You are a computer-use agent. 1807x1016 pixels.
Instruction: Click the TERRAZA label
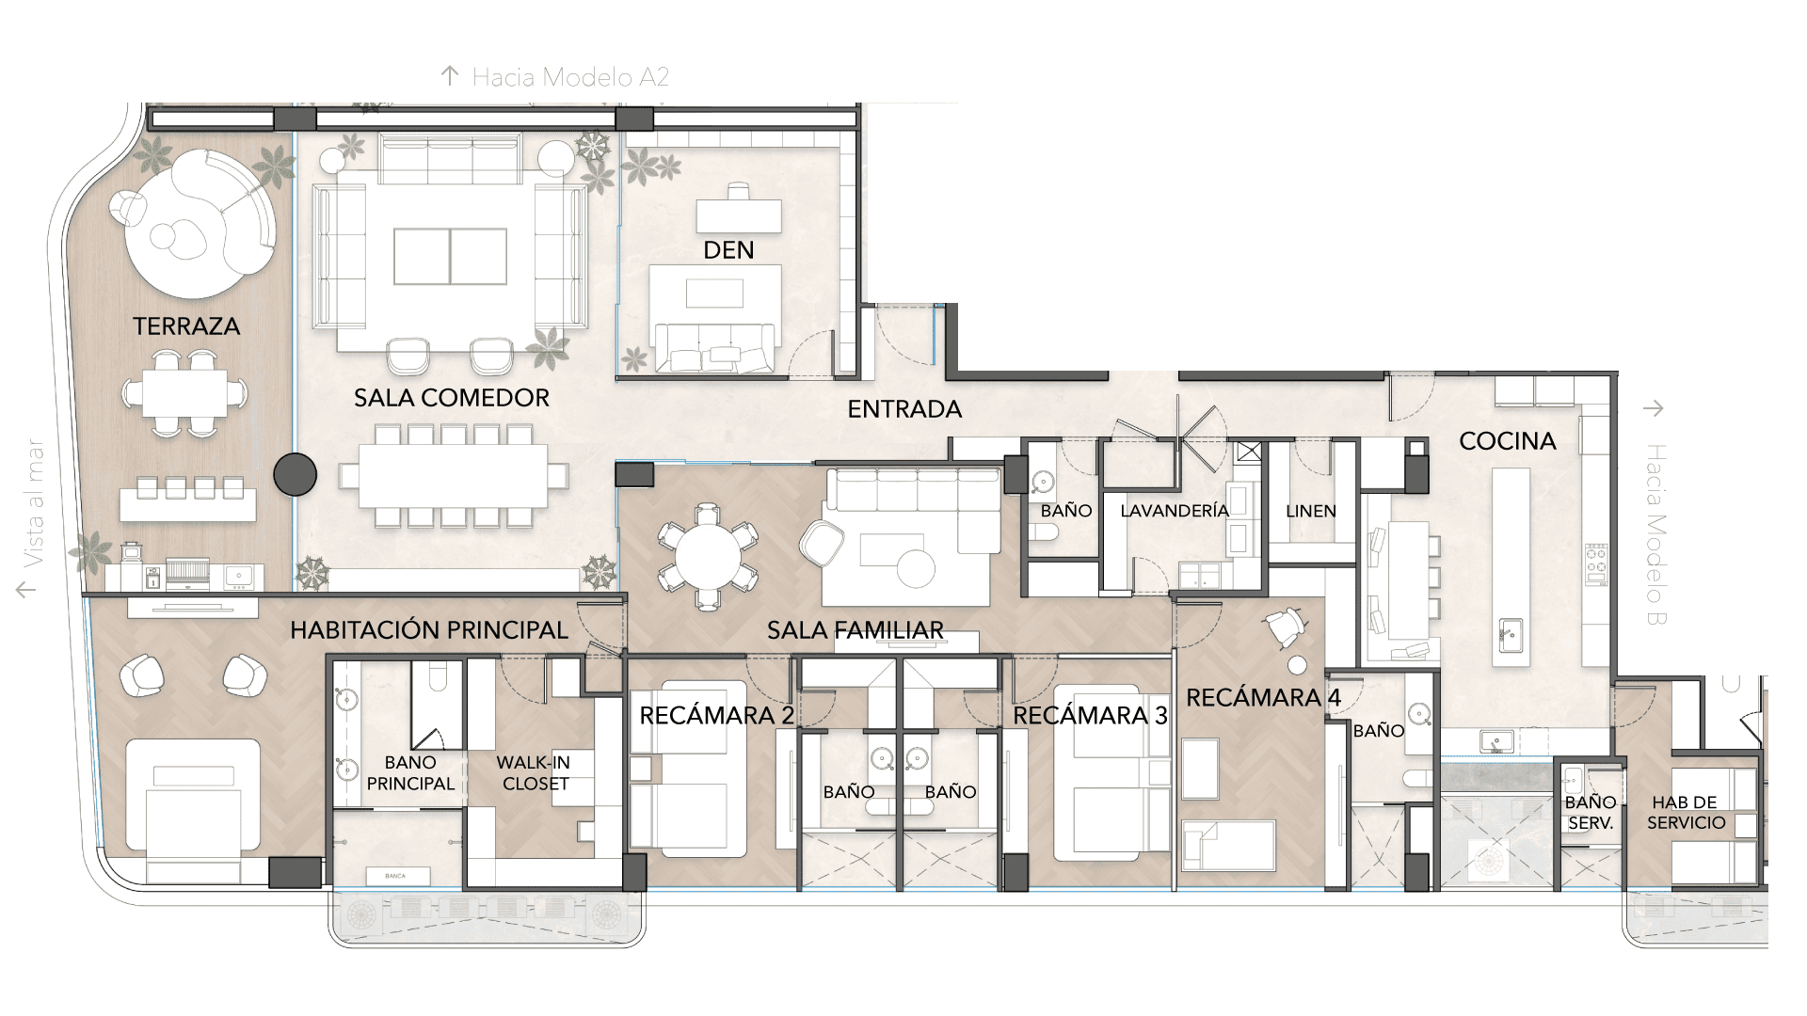[186, 326]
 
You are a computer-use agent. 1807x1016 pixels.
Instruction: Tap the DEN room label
[728, 250]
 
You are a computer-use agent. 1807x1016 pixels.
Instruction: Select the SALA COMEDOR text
[452, 398]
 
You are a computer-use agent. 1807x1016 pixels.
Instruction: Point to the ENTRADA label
[904, 409]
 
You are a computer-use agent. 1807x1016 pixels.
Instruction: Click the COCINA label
[1508, 441]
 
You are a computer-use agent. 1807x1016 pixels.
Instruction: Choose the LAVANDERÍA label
[1175, 511]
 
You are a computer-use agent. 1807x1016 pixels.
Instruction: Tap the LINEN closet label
[1311, 512]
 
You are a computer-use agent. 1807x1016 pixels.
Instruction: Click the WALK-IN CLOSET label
[535, 773]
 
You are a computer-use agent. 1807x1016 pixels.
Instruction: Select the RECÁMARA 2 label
[716, 716]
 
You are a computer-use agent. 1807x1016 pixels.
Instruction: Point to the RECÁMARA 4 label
[1263, 698]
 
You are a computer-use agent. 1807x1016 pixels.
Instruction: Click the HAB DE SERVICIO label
[1686, 813]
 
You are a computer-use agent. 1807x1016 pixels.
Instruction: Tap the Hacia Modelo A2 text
[570, 77]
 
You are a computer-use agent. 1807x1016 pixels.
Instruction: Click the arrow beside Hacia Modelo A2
[450, 76]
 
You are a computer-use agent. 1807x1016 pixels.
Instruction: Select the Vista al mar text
[35, 504]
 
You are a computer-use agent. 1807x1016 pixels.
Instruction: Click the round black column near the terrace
[295, 474]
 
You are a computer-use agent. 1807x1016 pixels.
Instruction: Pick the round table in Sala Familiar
[708, 556]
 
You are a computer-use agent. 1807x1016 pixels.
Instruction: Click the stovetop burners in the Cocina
[1596, 564]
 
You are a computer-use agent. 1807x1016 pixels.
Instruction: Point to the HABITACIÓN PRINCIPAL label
[429, 630]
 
